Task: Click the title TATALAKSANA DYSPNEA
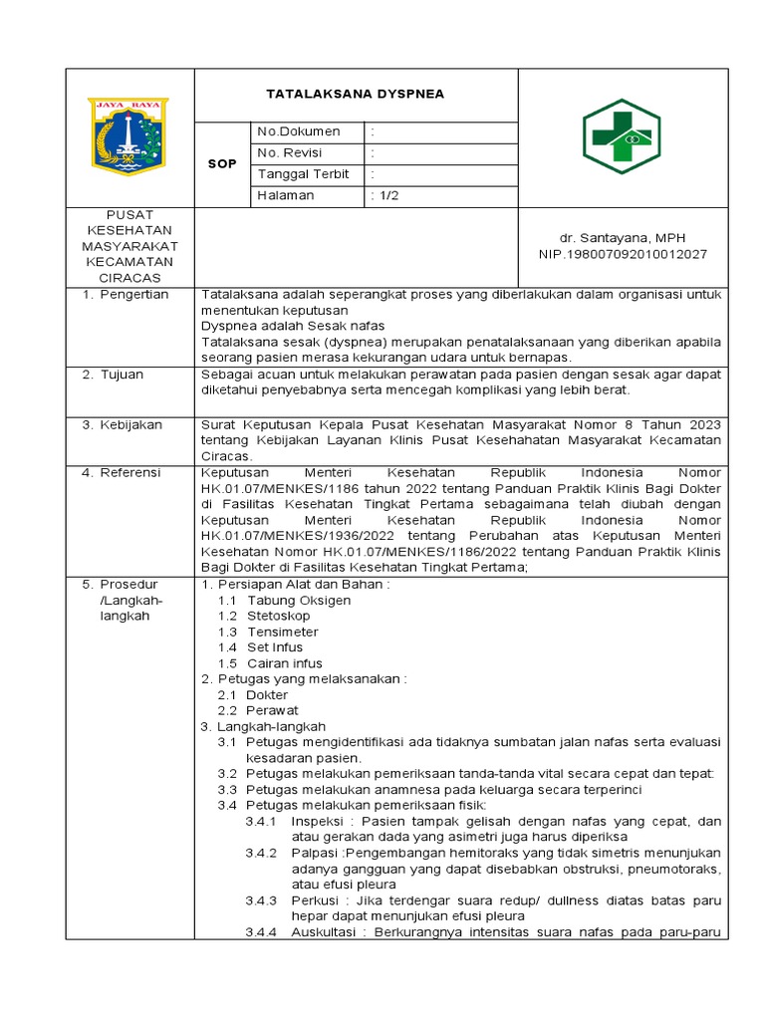pyautogui.click(x=355, y=95)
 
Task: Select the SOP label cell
pyautogui.click(x=221, y=163)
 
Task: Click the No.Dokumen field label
pyautogui.click(x=298, y=131)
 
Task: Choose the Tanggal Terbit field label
pyautogui.click(x=304, y=174)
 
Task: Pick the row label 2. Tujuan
pyautogui.click(x=114, y=375)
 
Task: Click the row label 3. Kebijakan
pyautogui.click(x=122, y=425)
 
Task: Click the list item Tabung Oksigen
pyautogui.click(x=299, y=601)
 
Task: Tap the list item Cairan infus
pyautogui.click(x=285, y=663)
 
